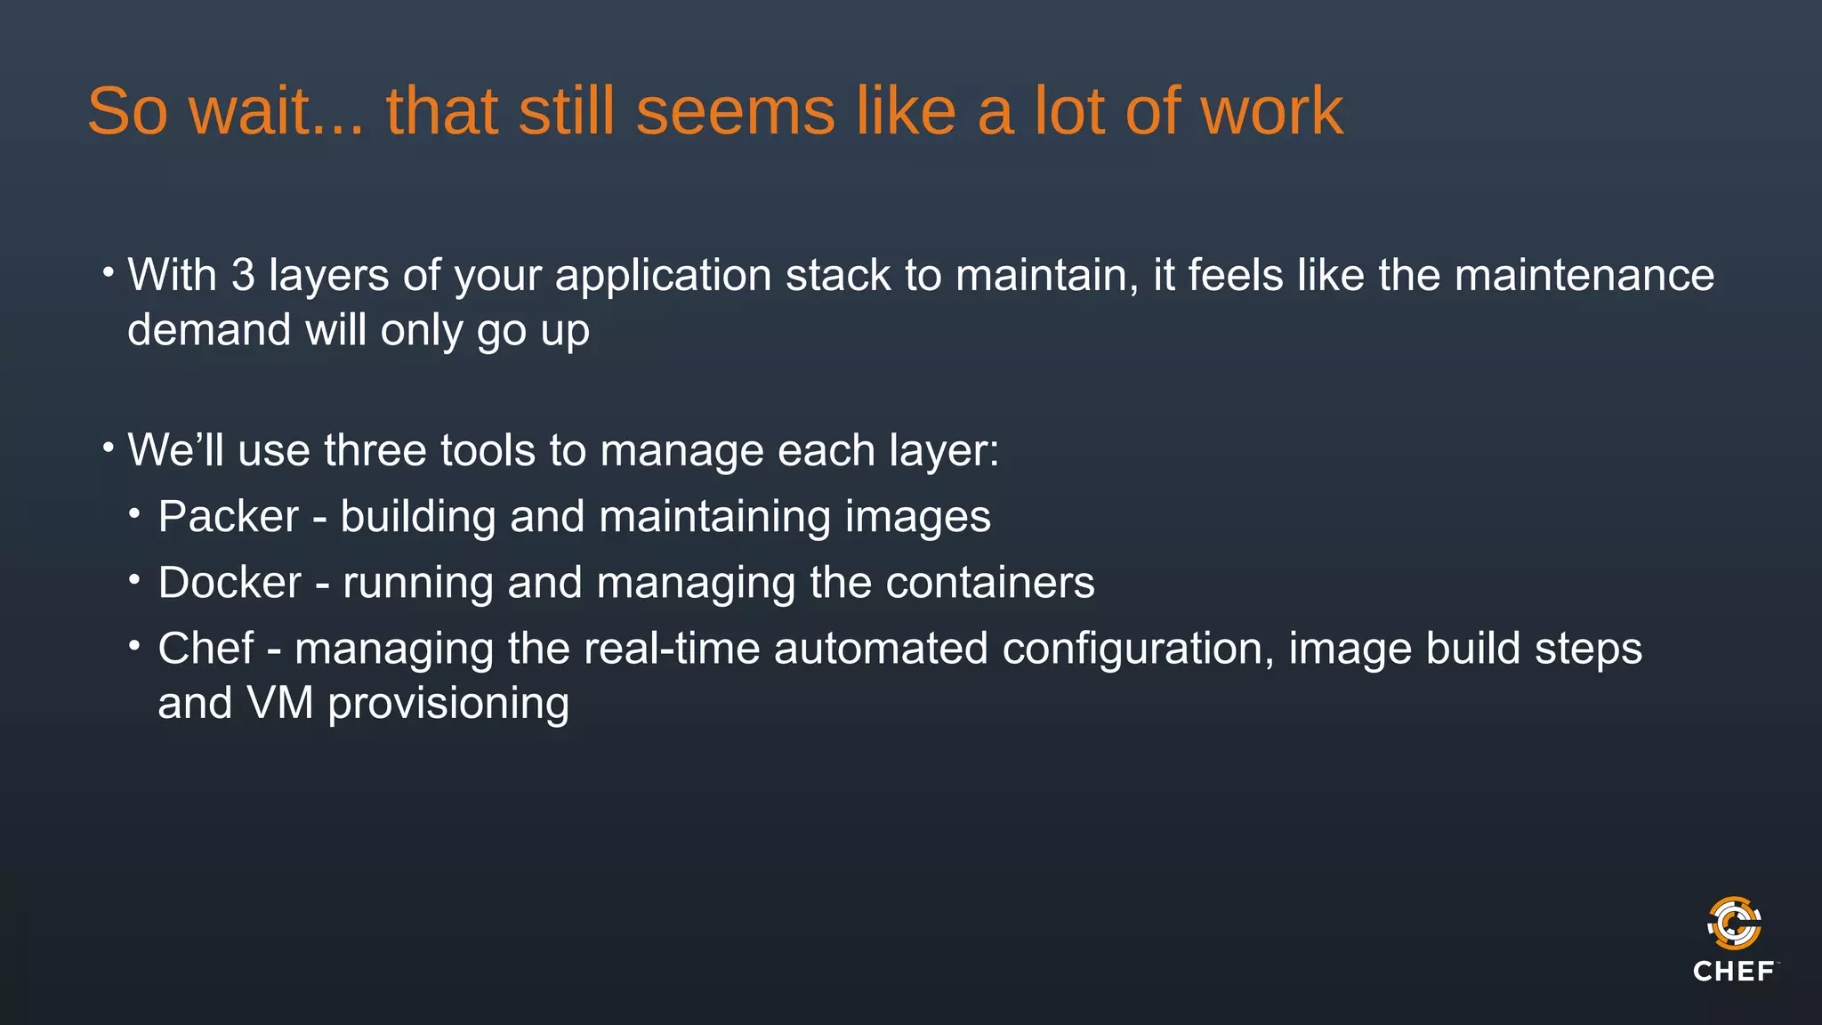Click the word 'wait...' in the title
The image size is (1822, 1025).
[x=277, y=111]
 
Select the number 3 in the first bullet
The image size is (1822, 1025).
[x=243, y=275]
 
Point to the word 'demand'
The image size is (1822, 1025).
[x=209, y=330]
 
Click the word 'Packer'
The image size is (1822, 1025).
[x=229, y=517]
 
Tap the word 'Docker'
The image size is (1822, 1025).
[x=230, y=583]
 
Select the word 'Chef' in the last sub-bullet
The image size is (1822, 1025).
[x=206, y=649]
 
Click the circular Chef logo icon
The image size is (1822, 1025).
[x=1734, y=924]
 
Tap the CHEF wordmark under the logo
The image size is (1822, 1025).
[x=1734, y=971]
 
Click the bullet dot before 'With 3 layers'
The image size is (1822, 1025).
[x=108, y=270]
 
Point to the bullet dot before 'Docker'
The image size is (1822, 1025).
[x=134, y=580]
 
